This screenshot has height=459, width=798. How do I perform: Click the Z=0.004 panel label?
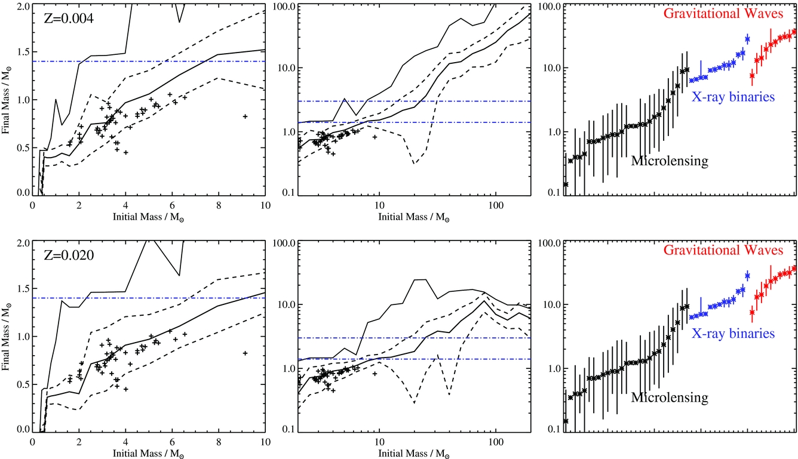pyautogui.click(x=69, y=19)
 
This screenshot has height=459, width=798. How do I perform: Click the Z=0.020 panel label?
pyautogui.click(x=69, y=256)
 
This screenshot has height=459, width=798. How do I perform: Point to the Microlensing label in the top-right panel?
pyautogui.click(x=670, y=161)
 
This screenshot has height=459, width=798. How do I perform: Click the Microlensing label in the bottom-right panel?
pyautogui.click(x=670, y=397)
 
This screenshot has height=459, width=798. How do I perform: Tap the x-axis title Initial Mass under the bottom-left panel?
pyautogui.click(x=150, y=454)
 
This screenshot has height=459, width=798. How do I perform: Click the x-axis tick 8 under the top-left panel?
pyautogui.click(x=219, y=204)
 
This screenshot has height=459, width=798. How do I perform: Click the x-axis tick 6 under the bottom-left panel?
pyautogui.click(x=173, y=441)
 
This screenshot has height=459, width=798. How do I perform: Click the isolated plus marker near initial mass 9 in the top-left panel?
pyautogui.click(x=245, y=116)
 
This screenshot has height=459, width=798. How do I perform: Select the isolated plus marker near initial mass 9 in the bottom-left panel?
pyautogui.click(x=245, y=353)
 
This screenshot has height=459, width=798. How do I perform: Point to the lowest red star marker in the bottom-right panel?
pyautogui.click(x=752, y=312)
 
